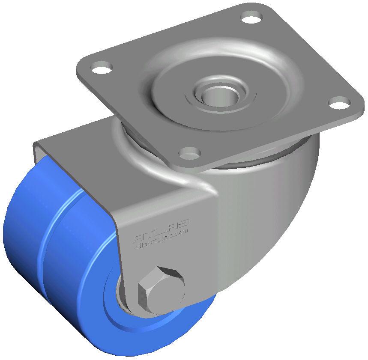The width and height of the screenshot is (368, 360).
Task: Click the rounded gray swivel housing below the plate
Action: click(274, 201)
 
